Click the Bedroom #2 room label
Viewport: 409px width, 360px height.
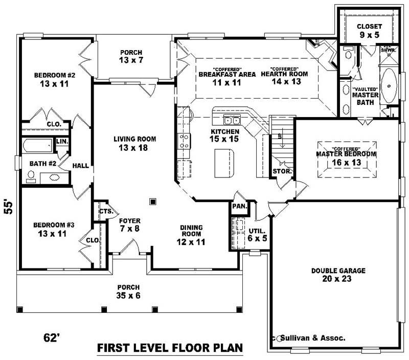point(54,79)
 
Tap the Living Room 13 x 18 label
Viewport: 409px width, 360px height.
point(134,143)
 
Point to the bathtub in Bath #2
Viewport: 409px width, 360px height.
point(37,146)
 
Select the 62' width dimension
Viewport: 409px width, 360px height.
point(52,337)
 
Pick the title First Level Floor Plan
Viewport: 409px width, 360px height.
point(169,349)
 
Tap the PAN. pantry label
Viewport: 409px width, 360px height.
point(239,207)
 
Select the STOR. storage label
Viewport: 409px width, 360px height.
point(282,171)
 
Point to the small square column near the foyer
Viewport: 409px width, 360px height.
point(152,201)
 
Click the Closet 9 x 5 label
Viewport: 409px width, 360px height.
point(369,31)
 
